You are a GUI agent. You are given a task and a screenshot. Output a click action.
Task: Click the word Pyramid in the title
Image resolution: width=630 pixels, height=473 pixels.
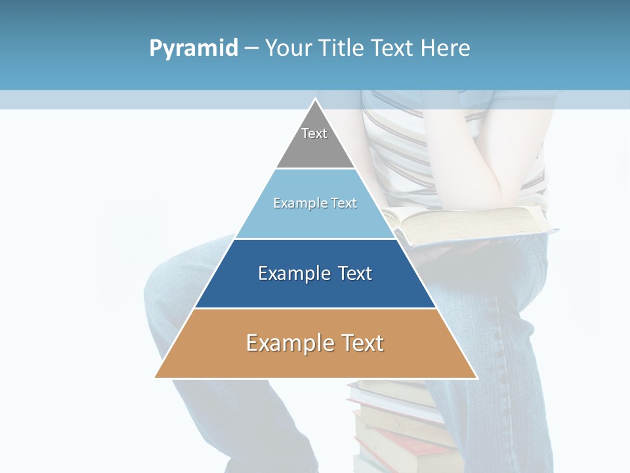coord(194,48)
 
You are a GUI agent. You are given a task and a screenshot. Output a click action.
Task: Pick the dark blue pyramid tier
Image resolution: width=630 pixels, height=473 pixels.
coord(315,289)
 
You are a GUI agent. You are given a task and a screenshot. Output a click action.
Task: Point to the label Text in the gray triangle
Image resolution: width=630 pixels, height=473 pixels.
coord(314,133)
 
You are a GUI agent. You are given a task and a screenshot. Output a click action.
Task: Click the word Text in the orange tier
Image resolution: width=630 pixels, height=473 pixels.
coord(363,343)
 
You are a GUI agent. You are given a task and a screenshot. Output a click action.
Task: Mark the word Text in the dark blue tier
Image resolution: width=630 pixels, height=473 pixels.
coord(354,273)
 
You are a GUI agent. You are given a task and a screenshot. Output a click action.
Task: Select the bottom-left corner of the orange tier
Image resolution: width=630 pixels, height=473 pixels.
coord(156,376)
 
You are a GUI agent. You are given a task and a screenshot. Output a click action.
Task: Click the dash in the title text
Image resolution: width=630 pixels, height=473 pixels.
coord(251,49)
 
